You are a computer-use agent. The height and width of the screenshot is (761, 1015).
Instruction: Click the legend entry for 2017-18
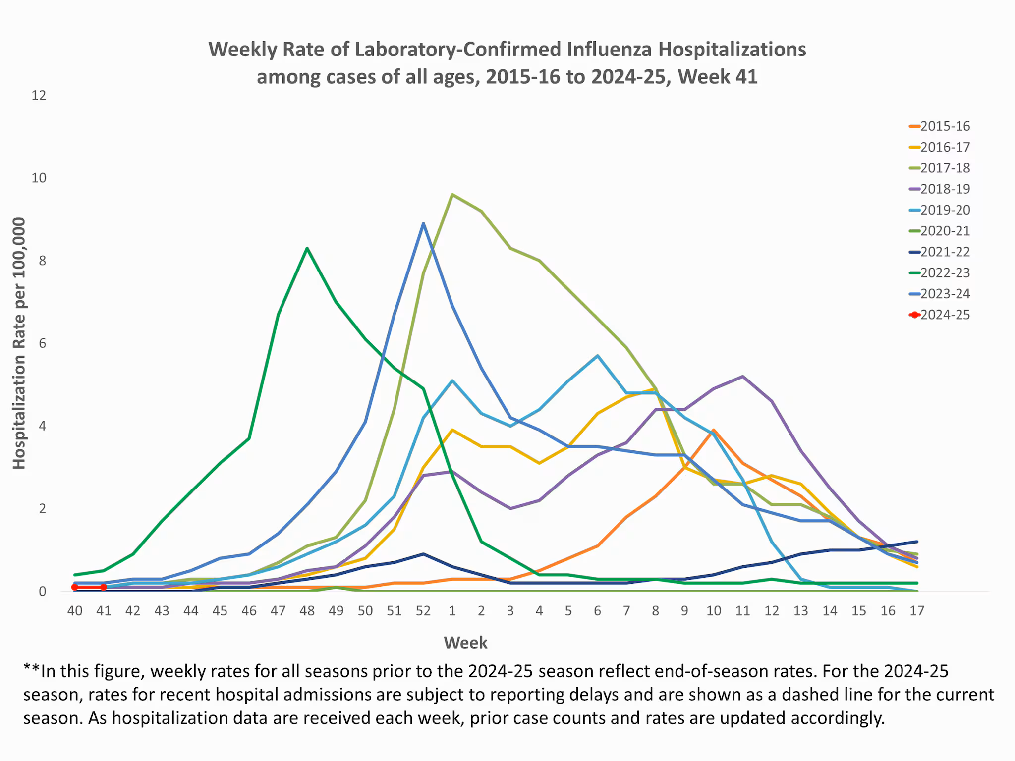(x=944, y=168)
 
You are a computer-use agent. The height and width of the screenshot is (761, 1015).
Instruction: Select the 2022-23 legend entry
(x=944, y=273)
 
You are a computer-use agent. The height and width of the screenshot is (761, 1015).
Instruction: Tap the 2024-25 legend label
(x=945, y=315)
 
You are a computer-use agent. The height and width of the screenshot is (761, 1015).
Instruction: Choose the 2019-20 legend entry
(x=944, y=210)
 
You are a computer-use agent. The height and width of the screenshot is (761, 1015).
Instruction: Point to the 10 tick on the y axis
(x=39, y=178)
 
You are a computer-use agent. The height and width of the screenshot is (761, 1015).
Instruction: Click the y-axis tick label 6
(x=42, y=343)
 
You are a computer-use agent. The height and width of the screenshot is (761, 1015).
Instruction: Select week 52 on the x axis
(x=423, y=611)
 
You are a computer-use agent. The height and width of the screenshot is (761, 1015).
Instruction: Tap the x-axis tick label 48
(x=307, y=611)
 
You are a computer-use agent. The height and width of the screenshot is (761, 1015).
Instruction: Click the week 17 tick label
(x=917, y=611)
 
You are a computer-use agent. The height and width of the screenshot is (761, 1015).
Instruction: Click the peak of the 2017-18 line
(x=452, y=195)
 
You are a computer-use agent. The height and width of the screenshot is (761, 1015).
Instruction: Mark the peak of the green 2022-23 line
(x=307, y=248)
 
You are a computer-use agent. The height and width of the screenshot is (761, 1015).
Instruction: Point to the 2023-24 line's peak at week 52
(x=423, y=223)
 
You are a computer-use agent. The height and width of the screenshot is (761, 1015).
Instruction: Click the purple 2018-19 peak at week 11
(x=742, y=377)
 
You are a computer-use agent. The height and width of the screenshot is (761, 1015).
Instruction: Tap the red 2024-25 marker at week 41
(x=104, y=587)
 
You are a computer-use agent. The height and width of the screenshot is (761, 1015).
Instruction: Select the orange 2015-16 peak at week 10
(x=713, y=430)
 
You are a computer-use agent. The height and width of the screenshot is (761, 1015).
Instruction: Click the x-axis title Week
(x=465, y=643)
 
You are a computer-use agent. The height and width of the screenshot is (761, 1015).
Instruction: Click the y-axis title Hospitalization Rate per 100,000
(x=19, y=343)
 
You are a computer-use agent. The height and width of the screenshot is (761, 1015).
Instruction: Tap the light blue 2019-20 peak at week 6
(x=597, y=356)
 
